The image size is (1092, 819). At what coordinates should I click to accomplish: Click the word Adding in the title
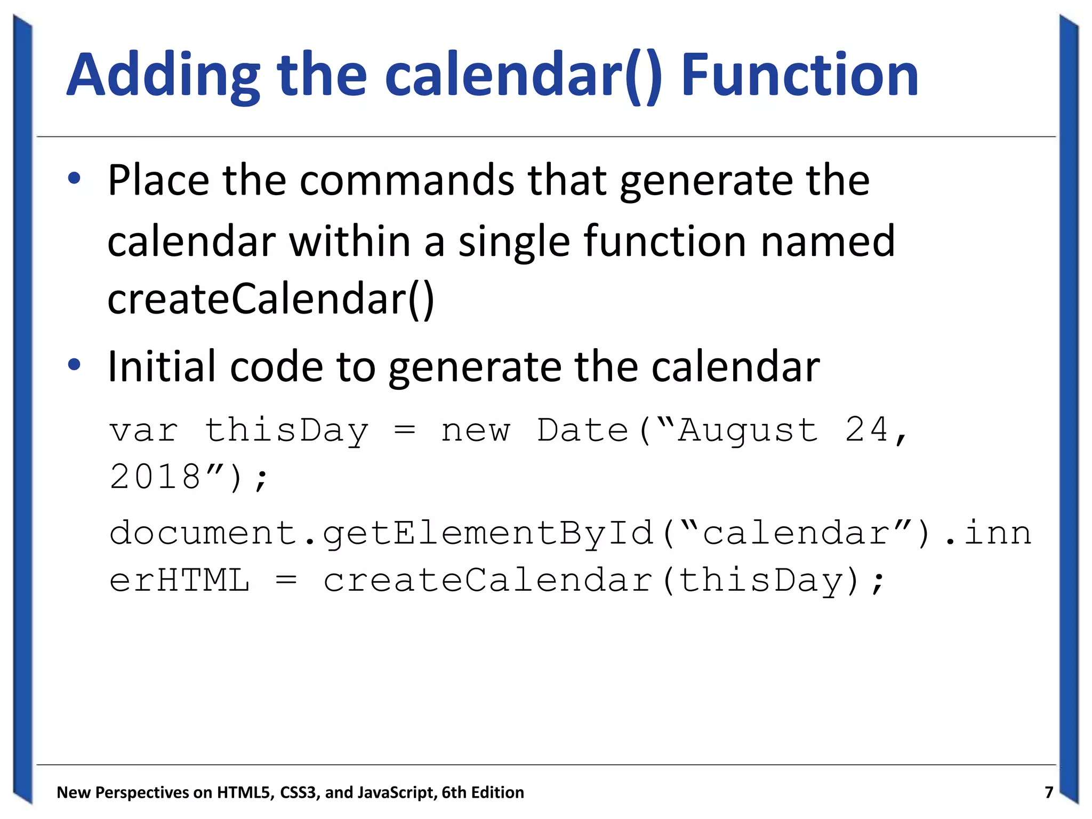tap(163, 76)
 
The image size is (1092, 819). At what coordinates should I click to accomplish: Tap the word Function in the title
tap(800, 76)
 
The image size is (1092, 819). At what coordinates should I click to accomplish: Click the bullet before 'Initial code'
tap(74, 365)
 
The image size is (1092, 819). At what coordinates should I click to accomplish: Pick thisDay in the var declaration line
tap(286, 430)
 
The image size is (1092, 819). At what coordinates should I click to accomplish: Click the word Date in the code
tap(582, 430)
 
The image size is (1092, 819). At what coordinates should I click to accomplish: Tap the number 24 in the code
tap(867, 430)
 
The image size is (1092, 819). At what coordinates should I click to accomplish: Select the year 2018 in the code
tap(155, 476)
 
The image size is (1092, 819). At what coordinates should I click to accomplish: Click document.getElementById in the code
tap(381, 533)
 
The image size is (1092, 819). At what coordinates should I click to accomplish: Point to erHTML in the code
tap(179, 580)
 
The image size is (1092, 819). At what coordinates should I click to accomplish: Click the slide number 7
tap(1048, 792)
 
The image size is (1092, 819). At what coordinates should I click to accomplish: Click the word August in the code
tap(748, 430)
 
